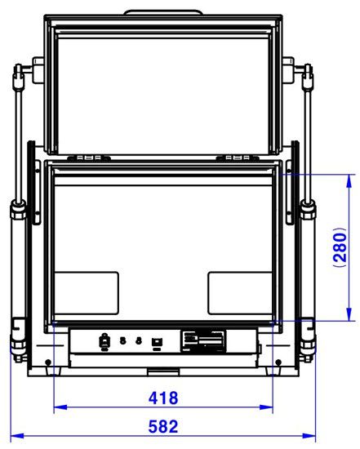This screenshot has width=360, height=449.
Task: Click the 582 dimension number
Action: pyautogui.click(x=162, y=426)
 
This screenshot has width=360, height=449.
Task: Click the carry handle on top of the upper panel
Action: pyautogui.click(x=162, y=12)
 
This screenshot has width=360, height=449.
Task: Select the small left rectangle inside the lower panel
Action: pyautogui.click(x=87, y=292)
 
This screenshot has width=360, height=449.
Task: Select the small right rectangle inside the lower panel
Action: pyautogui.click(x=238, y=292)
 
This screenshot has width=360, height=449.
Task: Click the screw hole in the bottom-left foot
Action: pyautogui.click(x=48, y=361)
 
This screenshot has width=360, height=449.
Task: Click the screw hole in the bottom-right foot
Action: pyautogui.click(x=278, y=361)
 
